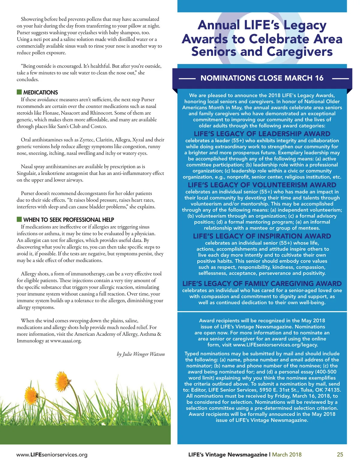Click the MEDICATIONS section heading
(40, 92)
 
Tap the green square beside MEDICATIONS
(19, 92)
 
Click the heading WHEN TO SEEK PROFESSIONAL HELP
(69, 220)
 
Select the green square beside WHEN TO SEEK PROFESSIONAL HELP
(19, 219)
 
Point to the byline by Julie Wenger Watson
(141, 354)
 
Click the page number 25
(340, 455)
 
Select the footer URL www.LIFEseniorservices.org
(52, 455)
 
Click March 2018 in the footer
(287, 455)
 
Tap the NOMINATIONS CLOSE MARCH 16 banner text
(262, 78)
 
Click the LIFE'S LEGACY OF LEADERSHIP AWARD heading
(262, 134)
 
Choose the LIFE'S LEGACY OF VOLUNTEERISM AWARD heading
(262, 185)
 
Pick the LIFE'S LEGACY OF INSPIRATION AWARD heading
(262, 236)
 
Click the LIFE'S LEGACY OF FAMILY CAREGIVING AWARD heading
(262, 284)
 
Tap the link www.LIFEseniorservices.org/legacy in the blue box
(275, 345)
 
